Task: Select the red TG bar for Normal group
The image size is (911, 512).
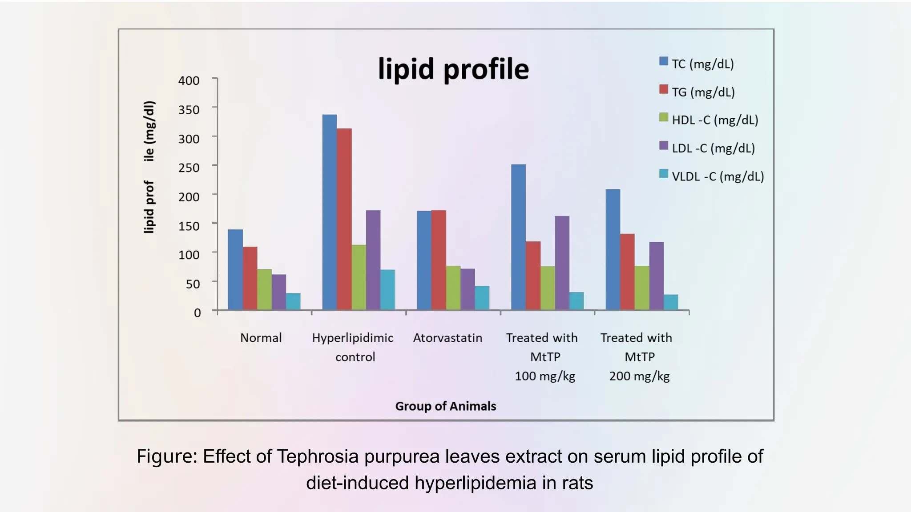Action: (x=250, y=279)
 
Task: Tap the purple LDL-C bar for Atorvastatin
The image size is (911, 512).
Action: (x=468, y=289)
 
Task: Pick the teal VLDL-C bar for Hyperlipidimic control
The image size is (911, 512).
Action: (x=387, y=290)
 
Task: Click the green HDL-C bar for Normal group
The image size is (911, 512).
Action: (x=264, y=290)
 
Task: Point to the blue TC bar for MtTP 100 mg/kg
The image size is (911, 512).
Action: (x=518, y=237)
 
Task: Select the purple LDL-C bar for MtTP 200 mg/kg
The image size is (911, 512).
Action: (x=656, y=276)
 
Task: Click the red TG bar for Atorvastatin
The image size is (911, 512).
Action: (x=439, y=260)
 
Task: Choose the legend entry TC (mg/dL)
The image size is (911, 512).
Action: (x=702, y=64)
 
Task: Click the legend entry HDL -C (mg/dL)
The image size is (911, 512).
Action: (x=714, y=120)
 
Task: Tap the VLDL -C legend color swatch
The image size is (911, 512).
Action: (x=664, y=174)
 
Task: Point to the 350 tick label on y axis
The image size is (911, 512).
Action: (x=189, y=110)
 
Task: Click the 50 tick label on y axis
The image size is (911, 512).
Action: (x=193, y=284)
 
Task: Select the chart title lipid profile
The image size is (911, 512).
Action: (x=453, y=69)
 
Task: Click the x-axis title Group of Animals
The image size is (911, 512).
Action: (x=445, y=406)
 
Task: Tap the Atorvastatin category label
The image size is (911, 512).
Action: (x=447, y=338)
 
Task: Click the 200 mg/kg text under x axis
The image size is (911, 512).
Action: (x=639, y=376)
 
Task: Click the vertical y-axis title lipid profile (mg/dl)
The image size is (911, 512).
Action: (x=149, y=167)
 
